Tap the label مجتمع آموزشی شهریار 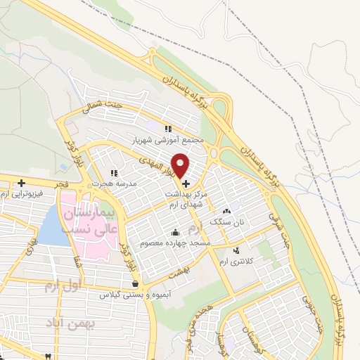click(x=167, y=140)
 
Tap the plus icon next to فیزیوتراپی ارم click(x=22, y=183)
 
